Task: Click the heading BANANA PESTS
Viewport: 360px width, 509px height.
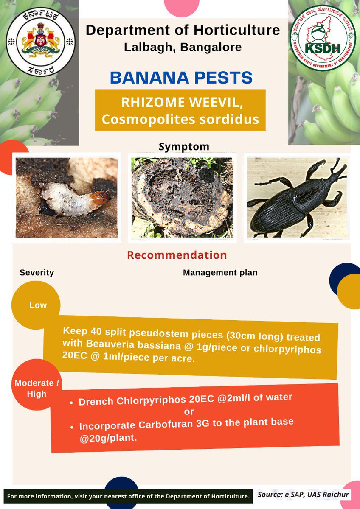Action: point(181,78)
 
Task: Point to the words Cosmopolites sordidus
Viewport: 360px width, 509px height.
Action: point(180,119)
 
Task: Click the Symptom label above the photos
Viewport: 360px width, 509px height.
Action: point(184,147)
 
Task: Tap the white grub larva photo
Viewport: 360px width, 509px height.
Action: point(67,198)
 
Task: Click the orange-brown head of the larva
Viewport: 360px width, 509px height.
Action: point(102,197)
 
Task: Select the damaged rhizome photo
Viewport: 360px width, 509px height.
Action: point(182,198)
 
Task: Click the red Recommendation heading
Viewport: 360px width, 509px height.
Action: point(177,255)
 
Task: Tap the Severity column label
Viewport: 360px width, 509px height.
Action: point(37,273)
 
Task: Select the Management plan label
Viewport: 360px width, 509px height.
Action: point(220,273)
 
